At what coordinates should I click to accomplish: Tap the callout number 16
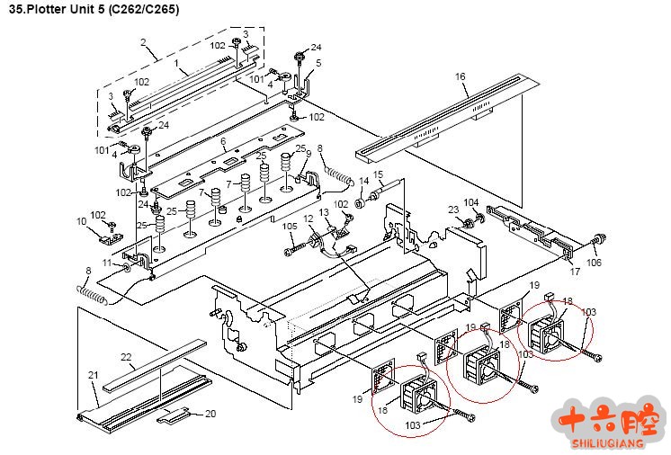click(461, 78)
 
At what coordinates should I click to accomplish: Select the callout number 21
click(92, 374)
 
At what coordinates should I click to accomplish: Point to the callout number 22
click(126, 357)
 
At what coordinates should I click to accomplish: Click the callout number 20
click(210, 414)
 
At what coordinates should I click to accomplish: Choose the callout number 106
click(594, 263)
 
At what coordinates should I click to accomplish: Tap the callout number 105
click(290, 226)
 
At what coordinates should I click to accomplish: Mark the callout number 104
click(470, 203)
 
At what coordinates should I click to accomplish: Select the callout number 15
click(378, 174)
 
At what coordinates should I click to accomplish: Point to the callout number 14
click(363, 181)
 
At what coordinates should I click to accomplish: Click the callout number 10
click(81, 220)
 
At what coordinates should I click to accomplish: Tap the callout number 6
click(223, 142)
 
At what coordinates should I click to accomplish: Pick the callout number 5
click(318, 63)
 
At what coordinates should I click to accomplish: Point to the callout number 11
click(106, 263)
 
